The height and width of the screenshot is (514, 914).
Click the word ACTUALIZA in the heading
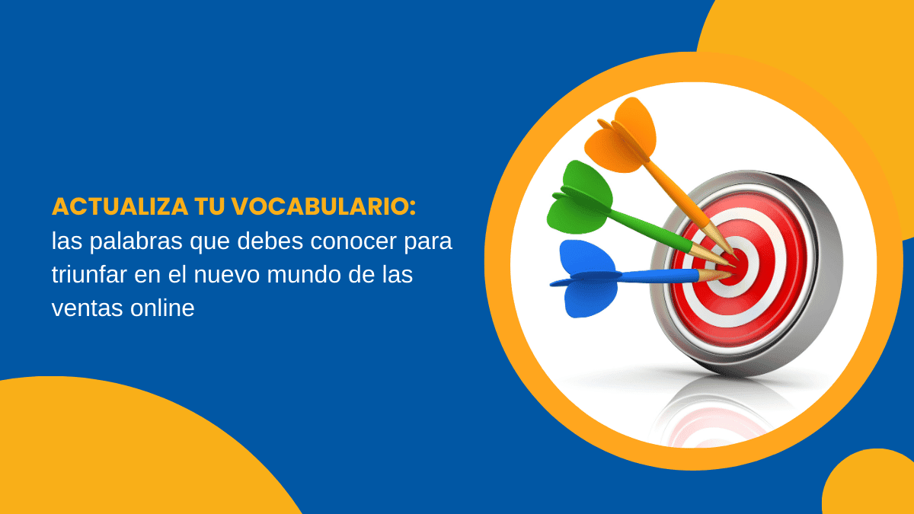[120, 206]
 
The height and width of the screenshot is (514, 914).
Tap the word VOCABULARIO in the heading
[324, 206]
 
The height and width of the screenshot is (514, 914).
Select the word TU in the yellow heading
[209, 206]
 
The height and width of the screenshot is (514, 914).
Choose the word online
[162, 308]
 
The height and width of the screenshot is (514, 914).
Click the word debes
[270, 241]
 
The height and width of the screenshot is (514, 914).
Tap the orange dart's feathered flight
[621, 136]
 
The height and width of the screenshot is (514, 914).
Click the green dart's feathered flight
[580, 198]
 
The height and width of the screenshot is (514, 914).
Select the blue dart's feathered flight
[584, 279]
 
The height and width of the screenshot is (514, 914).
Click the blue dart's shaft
[660, 276]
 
